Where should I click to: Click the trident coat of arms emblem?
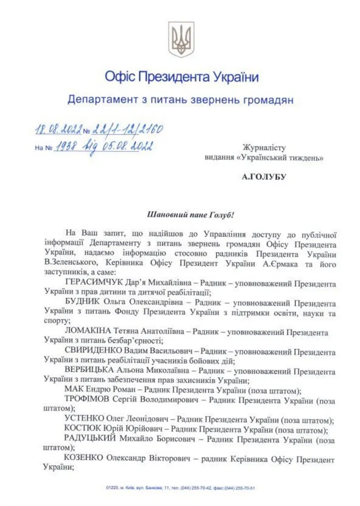coord(181,39)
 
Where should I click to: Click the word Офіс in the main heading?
coord(119,77)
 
